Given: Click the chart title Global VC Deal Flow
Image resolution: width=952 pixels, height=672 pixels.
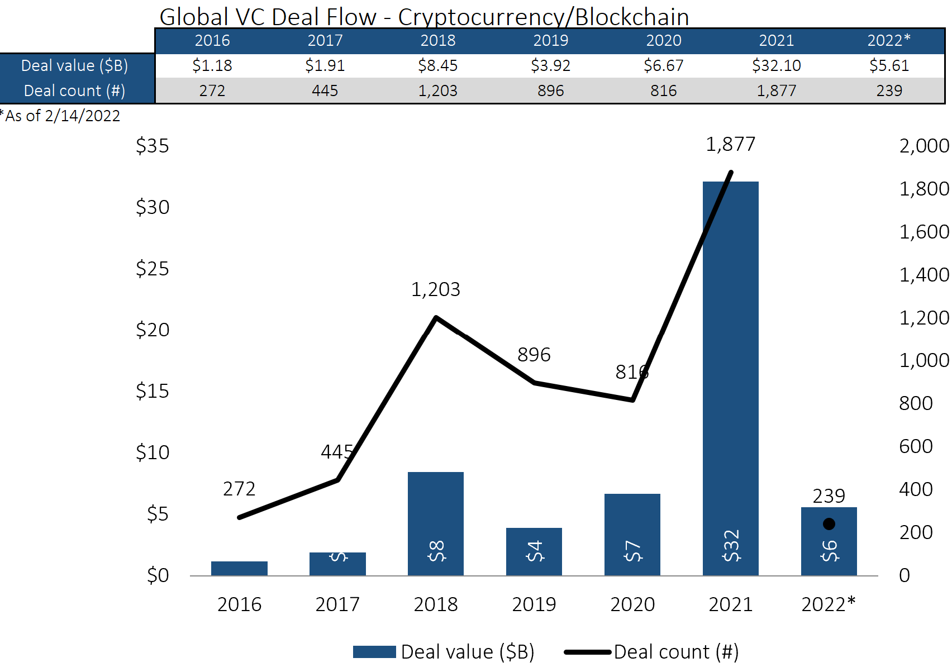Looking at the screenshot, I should point(423,17).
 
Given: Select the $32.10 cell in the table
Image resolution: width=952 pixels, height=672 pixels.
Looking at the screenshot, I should point(776,66).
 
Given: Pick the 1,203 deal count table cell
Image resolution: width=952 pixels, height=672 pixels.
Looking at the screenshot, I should point(437,90).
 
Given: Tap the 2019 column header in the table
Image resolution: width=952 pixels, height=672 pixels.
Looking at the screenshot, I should point(550,41).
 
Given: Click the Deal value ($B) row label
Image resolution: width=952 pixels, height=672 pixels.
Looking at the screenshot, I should point(74,66).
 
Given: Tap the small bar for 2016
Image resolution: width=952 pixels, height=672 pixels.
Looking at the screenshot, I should point(239,568).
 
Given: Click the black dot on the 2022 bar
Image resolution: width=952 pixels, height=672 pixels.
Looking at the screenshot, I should point(829,524).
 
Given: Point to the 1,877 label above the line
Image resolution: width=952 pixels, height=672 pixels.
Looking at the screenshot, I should point(730,145).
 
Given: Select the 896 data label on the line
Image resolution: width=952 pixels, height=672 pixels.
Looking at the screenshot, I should point(534,355).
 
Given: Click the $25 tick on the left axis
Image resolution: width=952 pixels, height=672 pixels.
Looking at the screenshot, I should point(152,269).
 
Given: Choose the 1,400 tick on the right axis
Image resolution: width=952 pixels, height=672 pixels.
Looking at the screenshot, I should point(924,275).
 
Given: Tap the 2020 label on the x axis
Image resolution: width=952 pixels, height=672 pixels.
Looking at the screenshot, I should point(632,604).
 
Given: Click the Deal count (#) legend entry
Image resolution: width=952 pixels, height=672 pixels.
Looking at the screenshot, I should point(675,652).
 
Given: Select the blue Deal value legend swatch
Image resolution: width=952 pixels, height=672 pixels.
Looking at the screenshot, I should point(374,652).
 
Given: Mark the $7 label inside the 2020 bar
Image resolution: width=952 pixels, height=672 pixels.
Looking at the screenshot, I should point(632,551).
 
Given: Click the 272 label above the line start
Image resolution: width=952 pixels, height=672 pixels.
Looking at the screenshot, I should point(239,489).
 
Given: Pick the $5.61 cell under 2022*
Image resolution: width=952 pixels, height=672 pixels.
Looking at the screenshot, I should point(889,66).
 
